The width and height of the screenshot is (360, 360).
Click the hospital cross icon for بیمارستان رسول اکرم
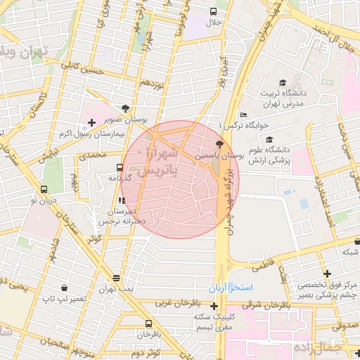tap(91, 122)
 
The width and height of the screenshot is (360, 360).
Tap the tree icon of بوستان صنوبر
tap(126, 108)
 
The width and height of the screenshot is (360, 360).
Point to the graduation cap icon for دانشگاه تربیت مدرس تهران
tap(283, 82)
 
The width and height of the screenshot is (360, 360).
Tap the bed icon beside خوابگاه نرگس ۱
tap(243, 115)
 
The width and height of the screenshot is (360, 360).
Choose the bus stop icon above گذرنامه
tap(120, 168)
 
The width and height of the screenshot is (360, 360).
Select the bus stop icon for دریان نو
tap(44, 189)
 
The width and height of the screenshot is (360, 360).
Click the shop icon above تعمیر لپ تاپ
tap(65, 288)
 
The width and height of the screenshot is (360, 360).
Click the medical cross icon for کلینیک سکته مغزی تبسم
tap(214, 307)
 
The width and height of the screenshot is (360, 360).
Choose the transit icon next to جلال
tap(214, 12)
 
